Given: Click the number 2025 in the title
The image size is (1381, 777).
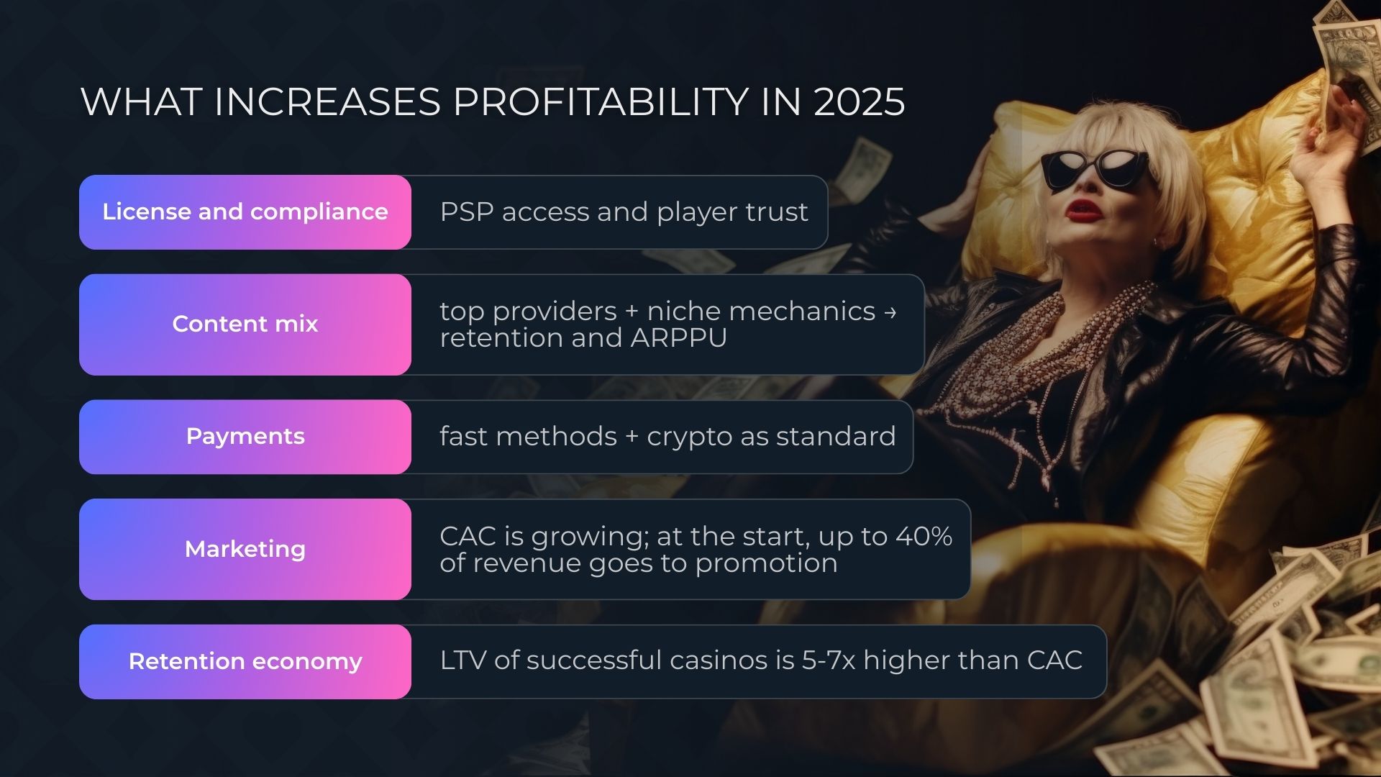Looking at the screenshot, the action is [859, 101].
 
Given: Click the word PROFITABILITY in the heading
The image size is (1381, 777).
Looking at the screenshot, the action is [601, 101].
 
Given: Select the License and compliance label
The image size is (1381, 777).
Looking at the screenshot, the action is [245, 212].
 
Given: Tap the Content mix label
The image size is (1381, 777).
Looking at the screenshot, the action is [245, 324].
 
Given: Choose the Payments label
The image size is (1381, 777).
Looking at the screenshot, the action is [245, 436].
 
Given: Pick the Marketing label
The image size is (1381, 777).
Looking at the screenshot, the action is [245, 549].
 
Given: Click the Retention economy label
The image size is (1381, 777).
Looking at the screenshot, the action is [245, 661].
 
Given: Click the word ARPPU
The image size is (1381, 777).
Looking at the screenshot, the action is [678, 337].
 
